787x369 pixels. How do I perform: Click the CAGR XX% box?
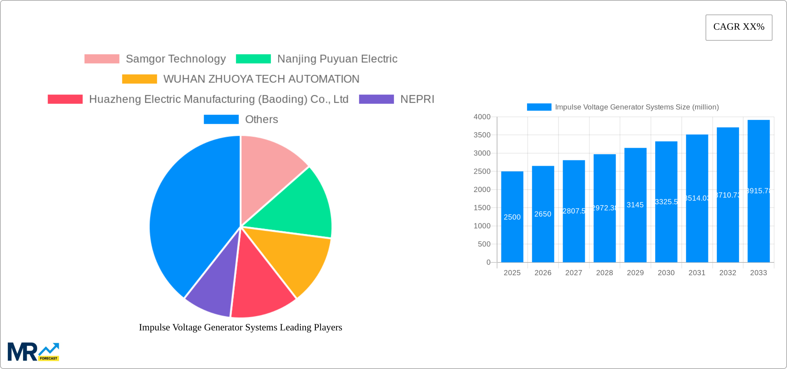[739, 27]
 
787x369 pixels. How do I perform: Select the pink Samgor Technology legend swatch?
[102, 59]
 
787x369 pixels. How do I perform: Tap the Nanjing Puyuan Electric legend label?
[337, 59]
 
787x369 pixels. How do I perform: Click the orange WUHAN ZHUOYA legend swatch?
[139, 79]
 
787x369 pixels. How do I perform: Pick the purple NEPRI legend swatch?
[376, 99]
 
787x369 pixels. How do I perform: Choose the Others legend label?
[261, 119]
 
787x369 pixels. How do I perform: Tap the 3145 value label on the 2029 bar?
[635, 205]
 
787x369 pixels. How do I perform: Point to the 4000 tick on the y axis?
[482, 117]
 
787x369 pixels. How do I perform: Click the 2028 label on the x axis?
[604, 273]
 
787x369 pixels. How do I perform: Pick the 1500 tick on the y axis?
[482, 208]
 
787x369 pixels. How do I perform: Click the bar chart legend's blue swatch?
[539, 107]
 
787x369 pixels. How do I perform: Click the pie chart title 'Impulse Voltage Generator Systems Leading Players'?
[240, 327]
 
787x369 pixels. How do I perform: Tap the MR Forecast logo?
[33, 352]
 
